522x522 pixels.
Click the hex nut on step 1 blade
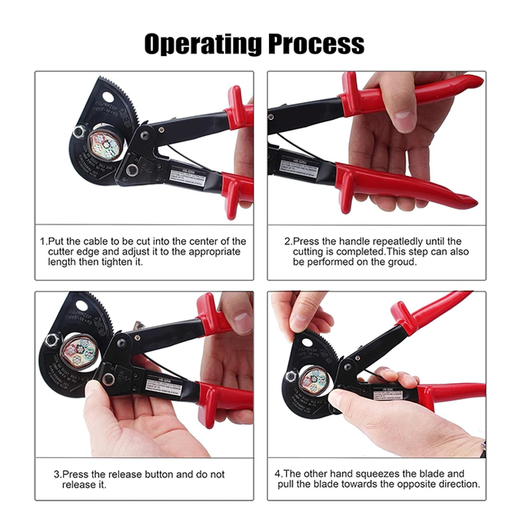click(78, 131)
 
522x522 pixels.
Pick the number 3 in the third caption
click(56, 474)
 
